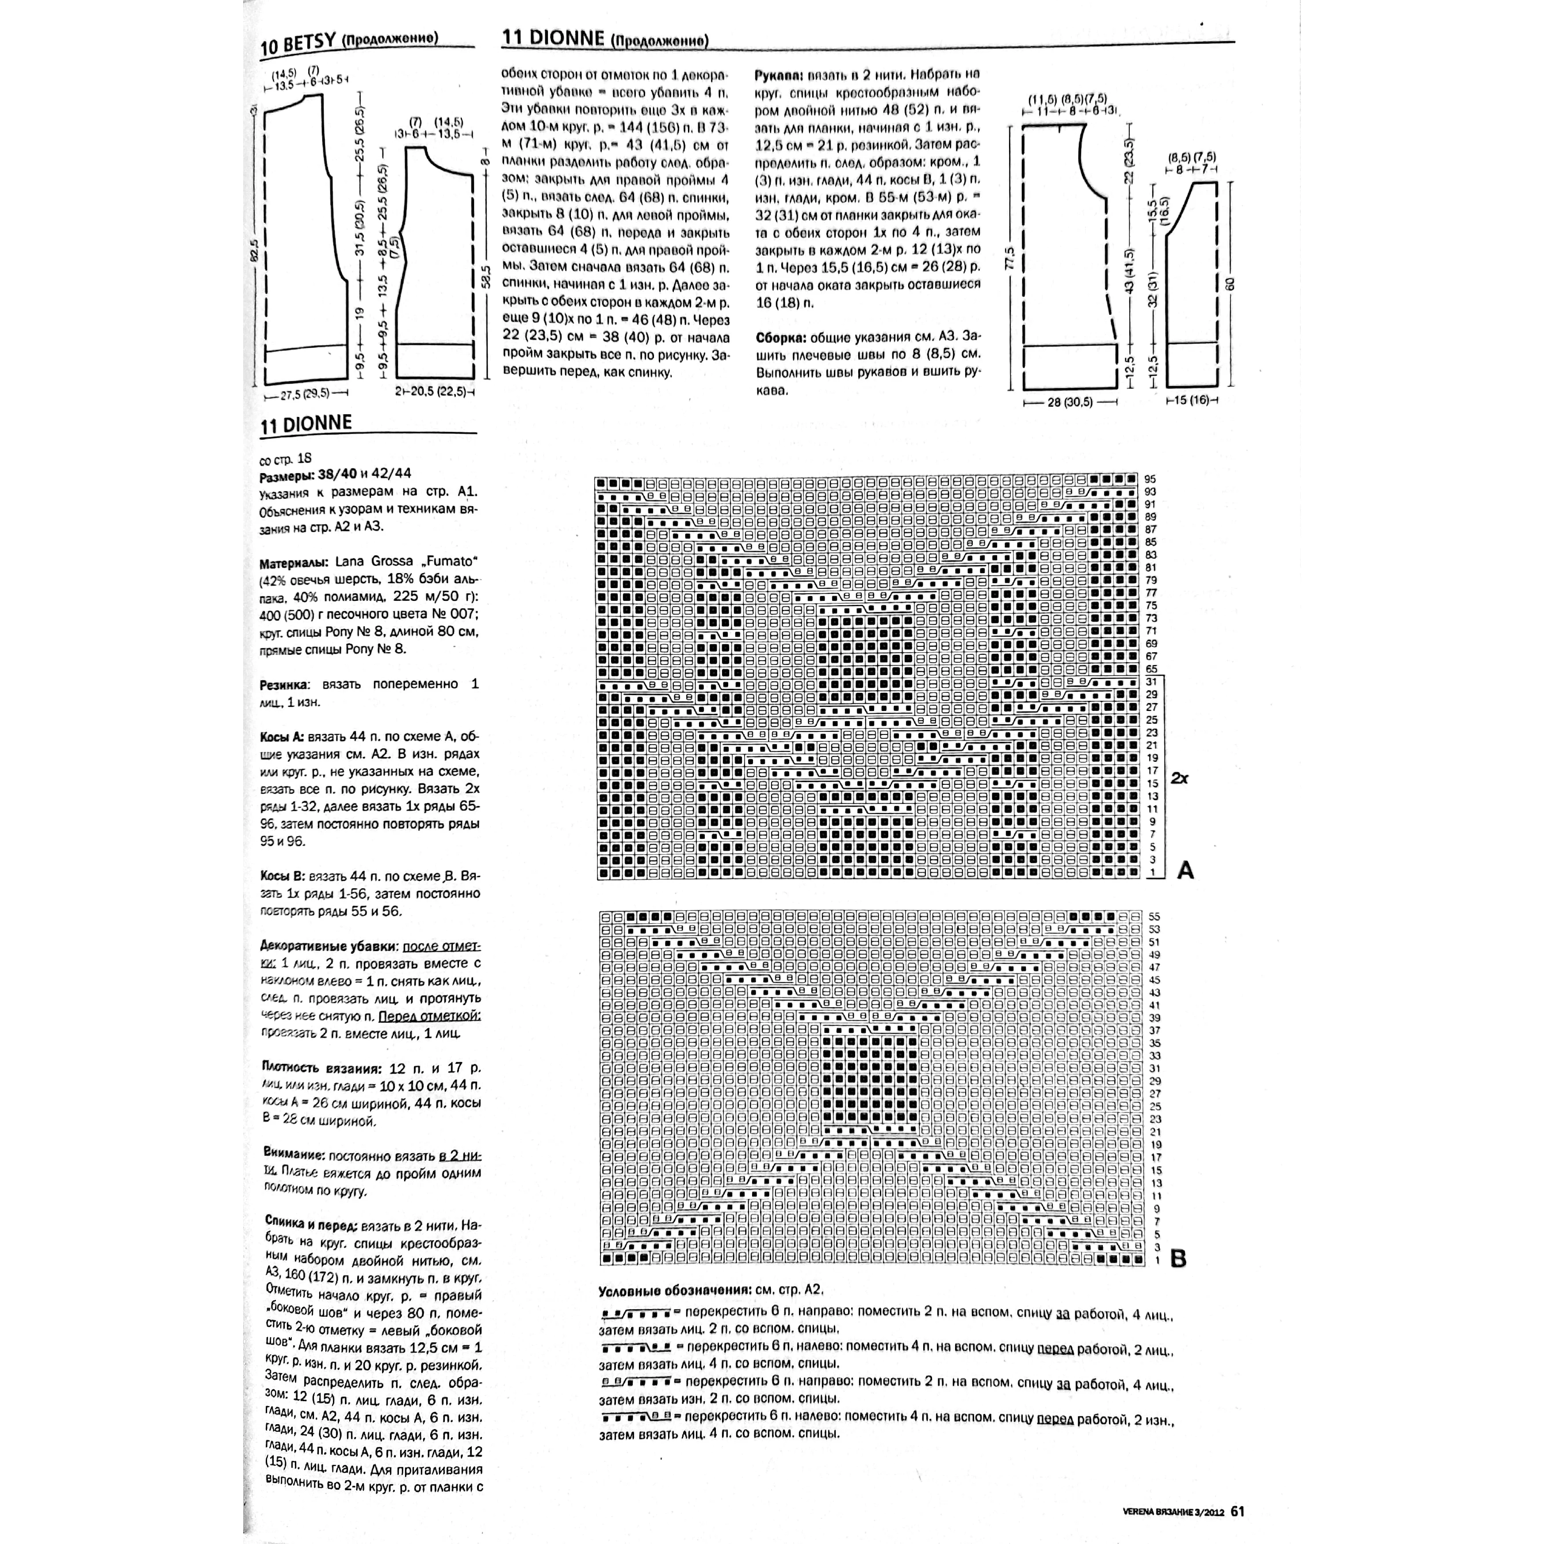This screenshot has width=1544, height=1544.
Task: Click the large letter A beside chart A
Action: [1185, 870]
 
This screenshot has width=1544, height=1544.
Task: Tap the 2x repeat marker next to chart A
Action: [1180, 777]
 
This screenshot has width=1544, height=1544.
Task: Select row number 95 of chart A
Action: [1151, 479]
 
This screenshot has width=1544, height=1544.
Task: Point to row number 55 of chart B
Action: [1154, 917]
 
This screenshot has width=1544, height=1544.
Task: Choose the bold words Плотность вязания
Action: [321, 1069]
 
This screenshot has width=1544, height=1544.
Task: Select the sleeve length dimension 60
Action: [1230, 284]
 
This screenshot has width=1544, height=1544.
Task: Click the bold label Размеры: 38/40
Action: [312, 475]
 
